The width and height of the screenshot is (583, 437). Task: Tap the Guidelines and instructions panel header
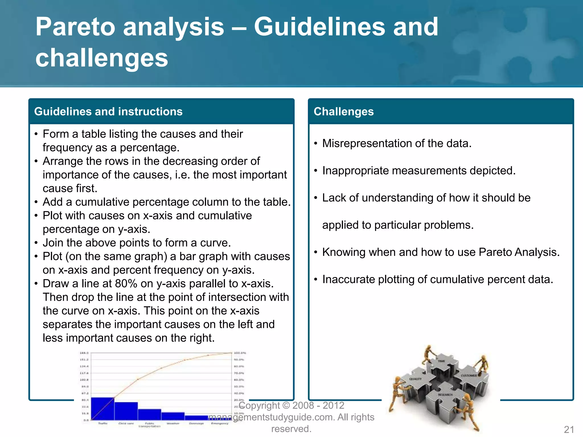point(108,112)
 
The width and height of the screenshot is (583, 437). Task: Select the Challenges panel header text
point(343,112)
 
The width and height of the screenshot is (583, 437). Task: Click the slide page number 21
point(569,429)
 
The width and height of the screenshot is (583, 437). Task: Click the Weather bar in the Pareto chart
point(173,416)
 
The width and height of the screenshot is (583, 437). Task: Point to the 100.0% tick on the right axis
point(239,353)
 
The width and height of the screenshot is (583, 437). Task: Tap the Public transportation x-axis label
point(149,425)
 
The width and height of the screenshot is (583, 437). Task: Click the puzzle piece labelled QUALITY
point(416,380)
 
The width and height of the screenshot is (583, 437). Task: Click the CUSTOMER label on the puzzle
point(469,376)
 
